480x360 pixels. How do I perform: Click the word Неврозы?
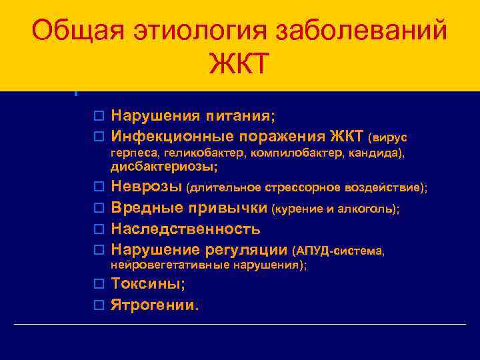[147, 187]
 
